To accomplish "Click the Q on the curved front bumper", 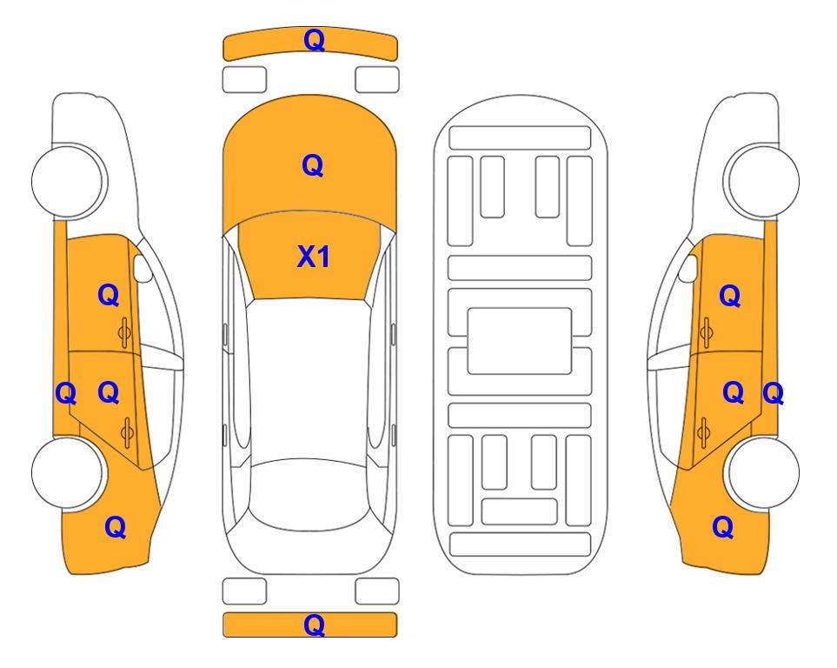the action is point(314,40).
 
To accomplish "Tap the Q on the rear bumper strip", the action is point(314,625).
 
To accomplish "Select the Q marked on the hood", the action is point(313,165).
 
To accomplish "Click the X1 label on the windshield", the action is point(314,257).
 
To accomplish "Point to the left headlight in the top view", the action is point(244,80).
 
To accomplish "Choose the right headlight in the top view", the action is point(377,80).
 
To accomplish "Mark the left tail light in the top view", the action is point(244,591).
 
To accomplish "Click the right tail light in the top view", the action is point(377,591).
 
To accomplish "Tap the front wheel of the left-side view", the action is point(68,181).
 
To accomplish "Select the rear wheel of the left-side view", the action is point(68,472).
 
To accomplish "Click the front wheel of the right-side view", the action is point(762,181).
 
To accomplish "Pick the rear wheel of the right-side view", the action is point(762,472).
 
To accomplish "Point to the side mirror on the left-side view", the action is point(143,268).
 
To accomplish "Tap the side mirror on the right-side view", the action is point(688,268).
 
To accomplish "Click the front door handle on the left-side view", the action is point(124,332).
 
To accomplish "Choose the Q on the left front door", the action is point(109,295).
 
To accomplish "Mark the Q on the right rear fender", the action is point(723,527).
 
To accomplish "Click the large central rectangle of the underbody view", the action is point(520,341).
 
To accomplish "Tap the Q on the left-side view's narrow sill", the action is point(66,394).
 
